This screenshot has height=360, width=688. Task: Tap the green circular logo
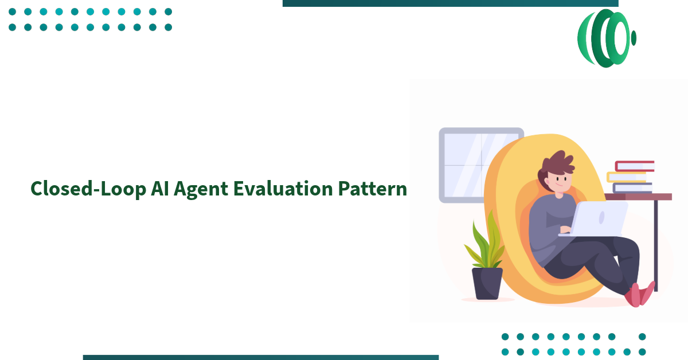(606, 38)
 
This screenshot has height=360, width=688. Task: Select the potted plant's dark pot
(487, 283)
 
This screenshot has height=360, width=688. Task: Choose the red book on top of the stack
(634, 166)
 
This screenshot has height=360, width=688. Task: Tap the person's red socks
(639, 294)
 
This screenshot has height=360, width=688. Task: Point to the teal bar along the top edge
(450, 3)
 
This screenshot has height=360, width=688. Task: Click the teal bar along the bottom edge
(261, 357)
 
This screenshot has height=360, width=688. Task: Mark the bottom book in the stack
(632, 187)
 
